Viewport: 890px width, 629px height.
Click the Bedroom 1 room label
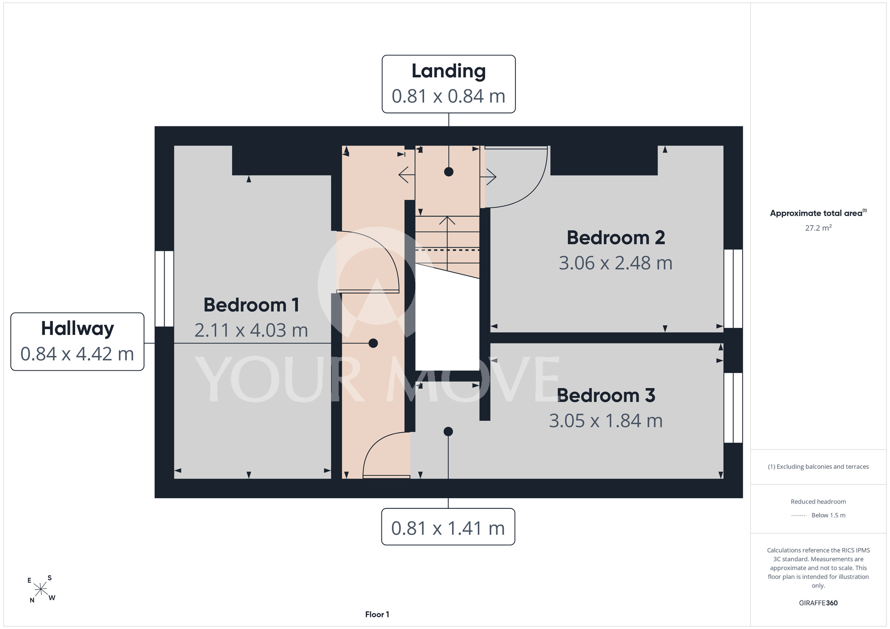point(251,305)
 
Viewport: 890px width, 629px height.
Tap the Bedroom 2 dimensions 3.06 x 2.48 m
point(615,263)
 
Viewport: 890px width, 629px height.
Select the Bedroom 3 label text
point(606,395)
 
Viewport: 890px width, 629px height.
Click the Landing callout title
point(449,72)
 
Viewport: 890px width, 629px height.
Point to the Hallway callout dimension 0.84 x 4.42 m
point(77,354)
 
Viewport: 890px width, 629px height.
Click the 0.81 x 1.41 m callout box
point(448,527)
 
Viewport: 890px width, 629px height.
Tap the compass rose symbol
point(41,589)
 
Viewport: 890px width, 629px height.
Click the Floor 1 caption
point(377,614)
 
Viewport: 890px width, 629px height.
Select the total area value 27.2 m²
point(818,228)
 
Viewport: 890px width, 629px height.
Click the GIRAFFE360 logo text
point(818,603)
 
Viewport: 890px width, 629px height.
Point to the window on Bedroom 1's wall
point(164,289)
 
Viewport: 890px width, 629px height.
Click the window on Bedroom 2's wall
point(733,289)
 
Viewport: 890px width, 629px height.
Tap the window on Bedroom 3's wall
point(733,408)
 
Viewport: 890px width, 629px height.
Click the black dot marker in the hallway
point(373,343)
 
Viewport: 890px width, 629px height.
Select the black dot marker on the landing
point(449,172)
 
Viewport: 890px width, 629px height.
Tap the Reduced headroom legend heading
point(818,502)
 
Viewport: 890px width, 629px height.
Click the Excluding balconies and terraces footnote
point(818,467)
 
